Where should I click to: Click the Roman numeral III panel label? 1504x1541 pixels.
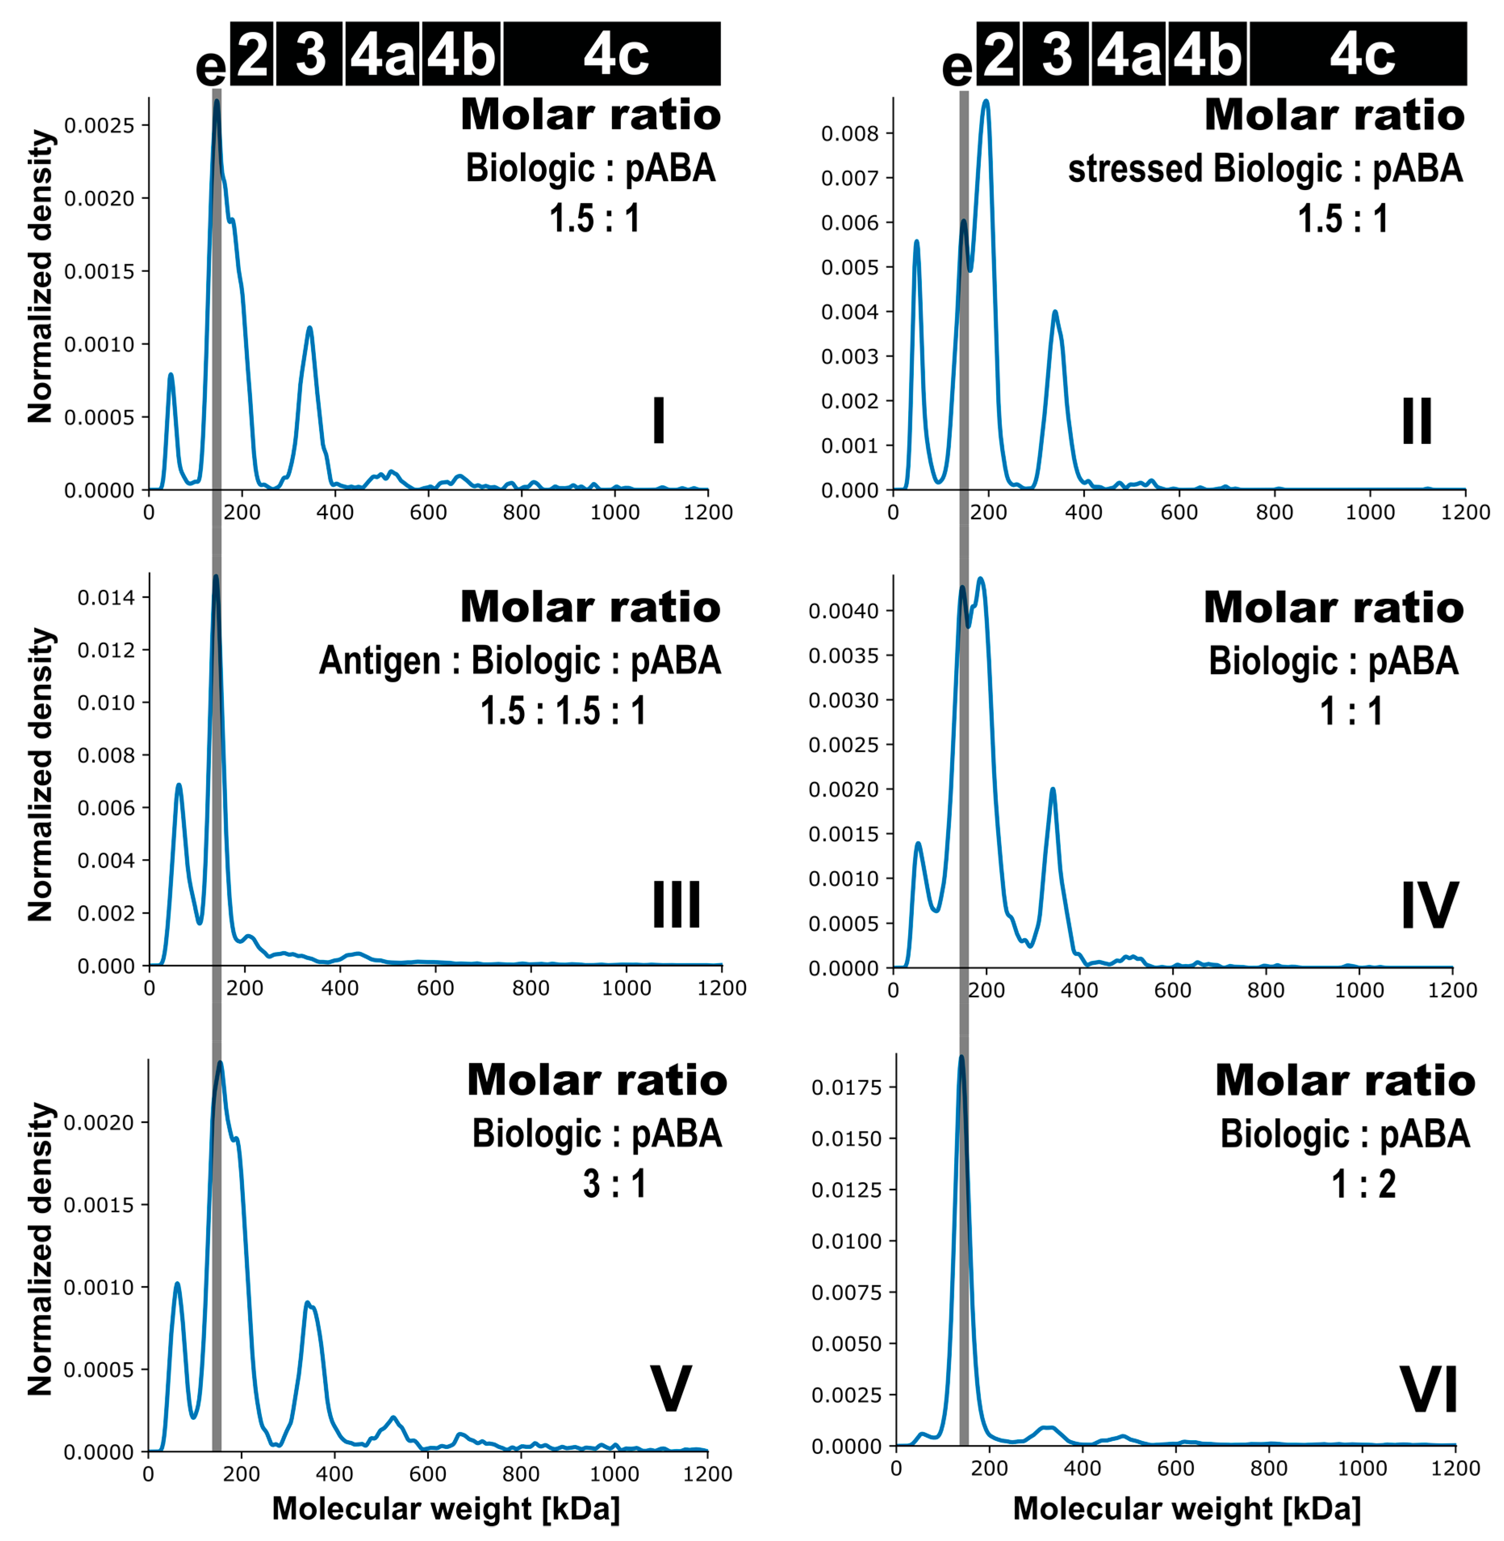676,905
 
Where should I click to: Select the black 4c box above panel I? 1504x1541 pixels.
612,54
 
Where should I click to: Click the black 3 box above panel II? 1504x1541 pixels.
1056,54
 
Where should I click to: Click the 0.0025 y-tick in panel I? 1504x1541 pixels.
100,125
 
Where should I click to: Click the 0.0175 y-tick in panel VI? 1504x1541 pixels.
846,1087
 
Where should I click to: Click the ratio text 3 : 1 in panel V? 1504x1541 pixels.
614,1184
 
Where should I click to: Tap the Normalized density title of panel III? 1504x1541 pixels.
40,774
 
